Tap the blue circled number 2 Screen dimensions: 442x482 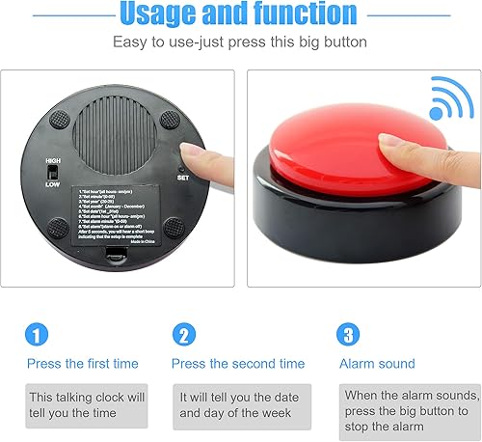[184, 334]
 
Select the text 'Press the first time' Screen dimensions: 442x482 [82, 364]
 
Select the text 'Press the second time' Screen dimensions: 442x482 [238, 364]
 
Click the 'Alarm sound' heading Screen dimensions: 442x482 [377, 364]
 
